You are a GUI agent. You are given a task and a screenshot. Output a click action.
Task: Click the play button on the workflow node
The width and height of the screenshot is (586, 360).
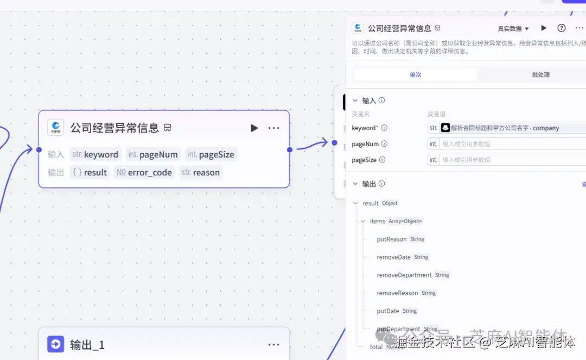[254, 128]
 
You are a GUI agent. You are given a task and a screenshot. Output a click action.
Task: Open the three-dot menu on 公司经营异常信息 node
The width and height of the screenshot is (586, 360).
[273, 128]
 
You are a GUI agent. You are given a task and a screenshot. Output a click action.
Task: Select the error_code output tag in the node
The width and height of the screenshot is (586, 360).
[144, 173]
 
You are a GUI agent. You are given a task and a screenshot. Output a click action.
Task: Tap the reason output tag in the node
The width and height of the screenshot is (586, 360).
[201, 173]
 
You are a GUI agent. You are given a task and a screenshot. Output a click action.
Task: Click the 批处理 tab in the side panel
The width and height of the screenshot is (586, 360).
[540, 74]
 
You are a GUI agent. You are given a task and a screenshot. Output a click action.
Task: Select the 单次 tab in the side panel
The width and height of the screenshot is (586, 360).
[416, 74]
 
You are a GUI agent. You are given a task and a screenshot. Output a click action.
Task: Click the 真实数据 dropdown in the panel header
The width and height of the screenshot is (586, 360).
[513, 29]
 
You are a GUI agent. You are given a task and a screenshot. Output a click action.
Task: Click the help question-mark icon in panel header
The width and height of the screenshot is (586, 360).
[562, 28]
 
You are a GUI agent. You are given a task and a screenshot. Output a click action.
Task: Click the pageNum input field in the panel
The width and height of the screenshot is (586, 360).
[510, 144]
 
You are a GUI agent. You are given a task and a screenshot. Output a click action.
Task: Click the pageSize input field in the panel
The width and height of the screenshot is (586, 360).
[510, 160]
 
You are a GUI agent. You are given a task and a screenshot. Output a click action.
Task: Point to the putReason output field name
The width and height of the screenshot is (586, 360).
[391, 239]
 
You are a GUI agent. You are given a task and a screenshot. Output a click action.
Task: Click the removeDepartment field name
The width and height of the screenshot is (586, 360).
[404, 275]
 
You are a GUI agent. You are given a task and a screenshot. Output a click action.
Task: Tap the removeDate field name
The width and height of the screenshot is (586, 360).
[393, 257]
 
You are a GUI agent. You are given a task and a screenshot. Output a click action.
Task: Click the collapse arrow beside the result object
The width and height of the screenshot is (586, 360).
[356, 204]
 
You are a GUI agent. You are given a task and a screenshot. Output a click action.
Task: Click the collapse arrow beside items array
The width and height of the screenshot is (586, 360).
[363, 222]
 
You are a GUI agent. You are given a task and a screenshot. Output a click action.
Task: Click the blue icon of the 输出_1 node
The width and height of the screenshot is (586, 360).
[56, 344]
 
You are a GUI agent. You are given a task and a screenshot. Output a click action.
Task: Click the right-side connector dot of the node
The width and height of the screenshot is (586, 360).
[290, 150]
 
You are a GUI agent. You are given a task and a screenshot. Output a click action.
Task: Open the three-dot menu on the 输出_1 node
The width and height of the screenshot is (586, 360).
[273, 344]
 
